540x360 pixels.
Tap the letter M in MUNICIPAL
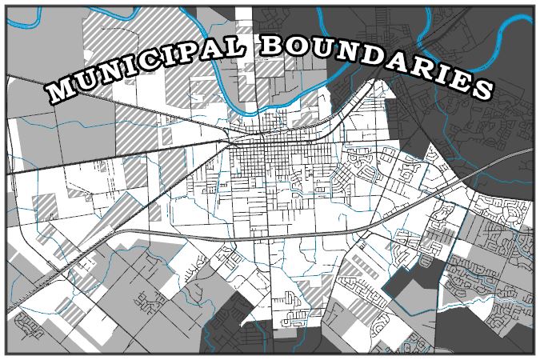60,90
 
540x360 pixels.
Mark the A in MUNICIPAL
224,49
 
